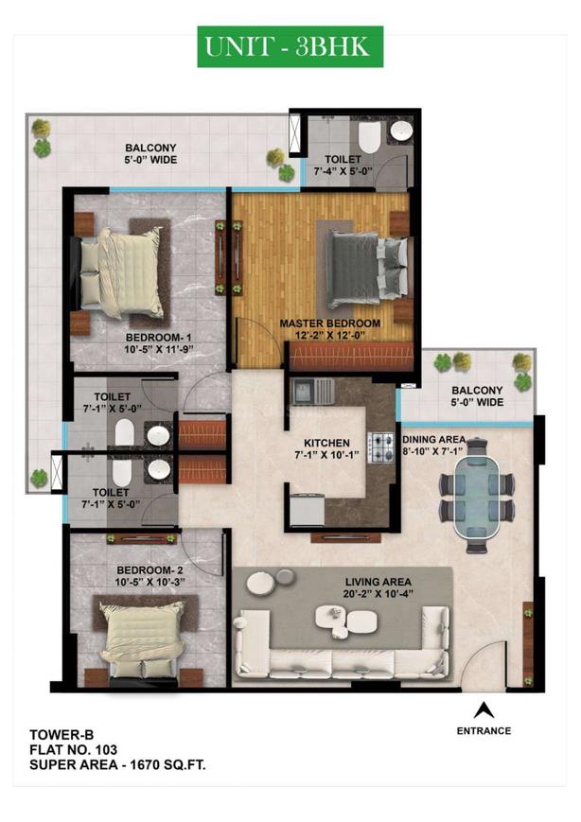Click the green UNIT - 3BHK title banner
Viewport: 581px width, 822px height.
click(x=290, y=46)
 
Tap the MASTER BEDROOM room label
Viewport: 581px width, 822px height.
click(x=330, y=323)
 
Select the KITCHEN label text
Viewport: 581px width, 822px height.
click(x=326, y=443)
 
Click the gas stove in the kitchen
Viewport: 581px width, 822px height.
click(x=381, y=447)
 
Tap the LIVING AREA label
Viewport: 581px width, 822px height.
click(x=378, y=582)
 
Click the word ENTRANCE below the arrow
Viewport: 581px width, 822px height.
click(x=484, y=731)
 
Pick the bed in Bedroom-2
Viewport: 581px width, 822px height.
click(x=142, y=635)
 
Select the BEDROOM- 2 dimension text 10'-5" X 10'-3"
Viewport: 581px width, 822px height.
click(x=150, y=582)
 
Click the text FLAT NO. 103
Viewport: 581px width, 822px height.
click(x=74, y=750)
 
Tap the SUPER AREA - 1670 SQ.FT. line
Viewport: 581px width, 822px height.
click(x=117, y=765)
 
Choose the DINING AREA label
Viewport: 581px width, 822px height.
click(x=433, y=439)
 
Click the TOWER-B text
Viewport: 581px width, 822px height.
click(x=62, y=734)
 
